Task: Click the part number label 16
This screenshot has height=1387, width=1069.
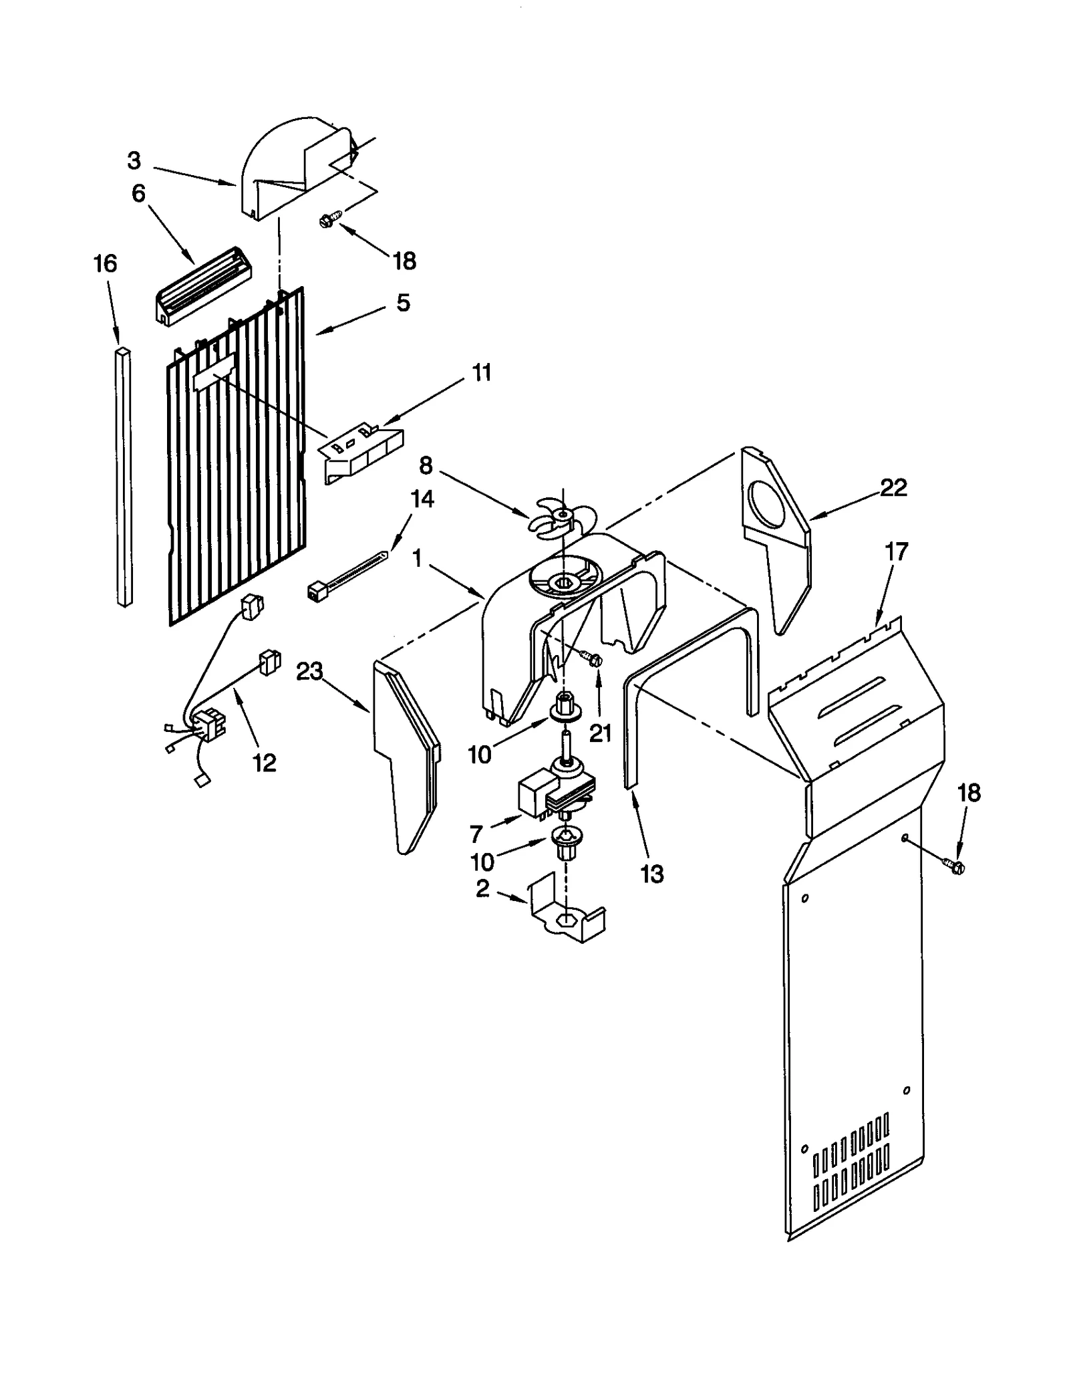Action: coord(105,264)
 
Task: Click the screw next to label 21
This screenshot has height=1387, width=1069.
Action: coord(592,659)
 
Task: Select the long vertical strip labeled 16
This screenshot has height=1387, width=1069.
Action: coord(124,478)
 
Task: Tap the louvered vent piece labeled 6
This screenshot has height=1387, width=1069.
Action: coord(196,287)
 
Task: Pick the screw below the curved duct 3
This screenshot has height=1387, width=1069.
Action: coord(331,219)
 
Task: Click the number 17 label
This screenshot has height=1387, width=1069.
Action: coord(896,552)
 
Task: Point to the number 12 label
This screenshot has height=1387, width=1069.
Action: coord(265,763)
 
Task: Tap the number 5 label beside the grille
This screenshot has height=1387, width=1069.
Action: coord(403,303)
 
